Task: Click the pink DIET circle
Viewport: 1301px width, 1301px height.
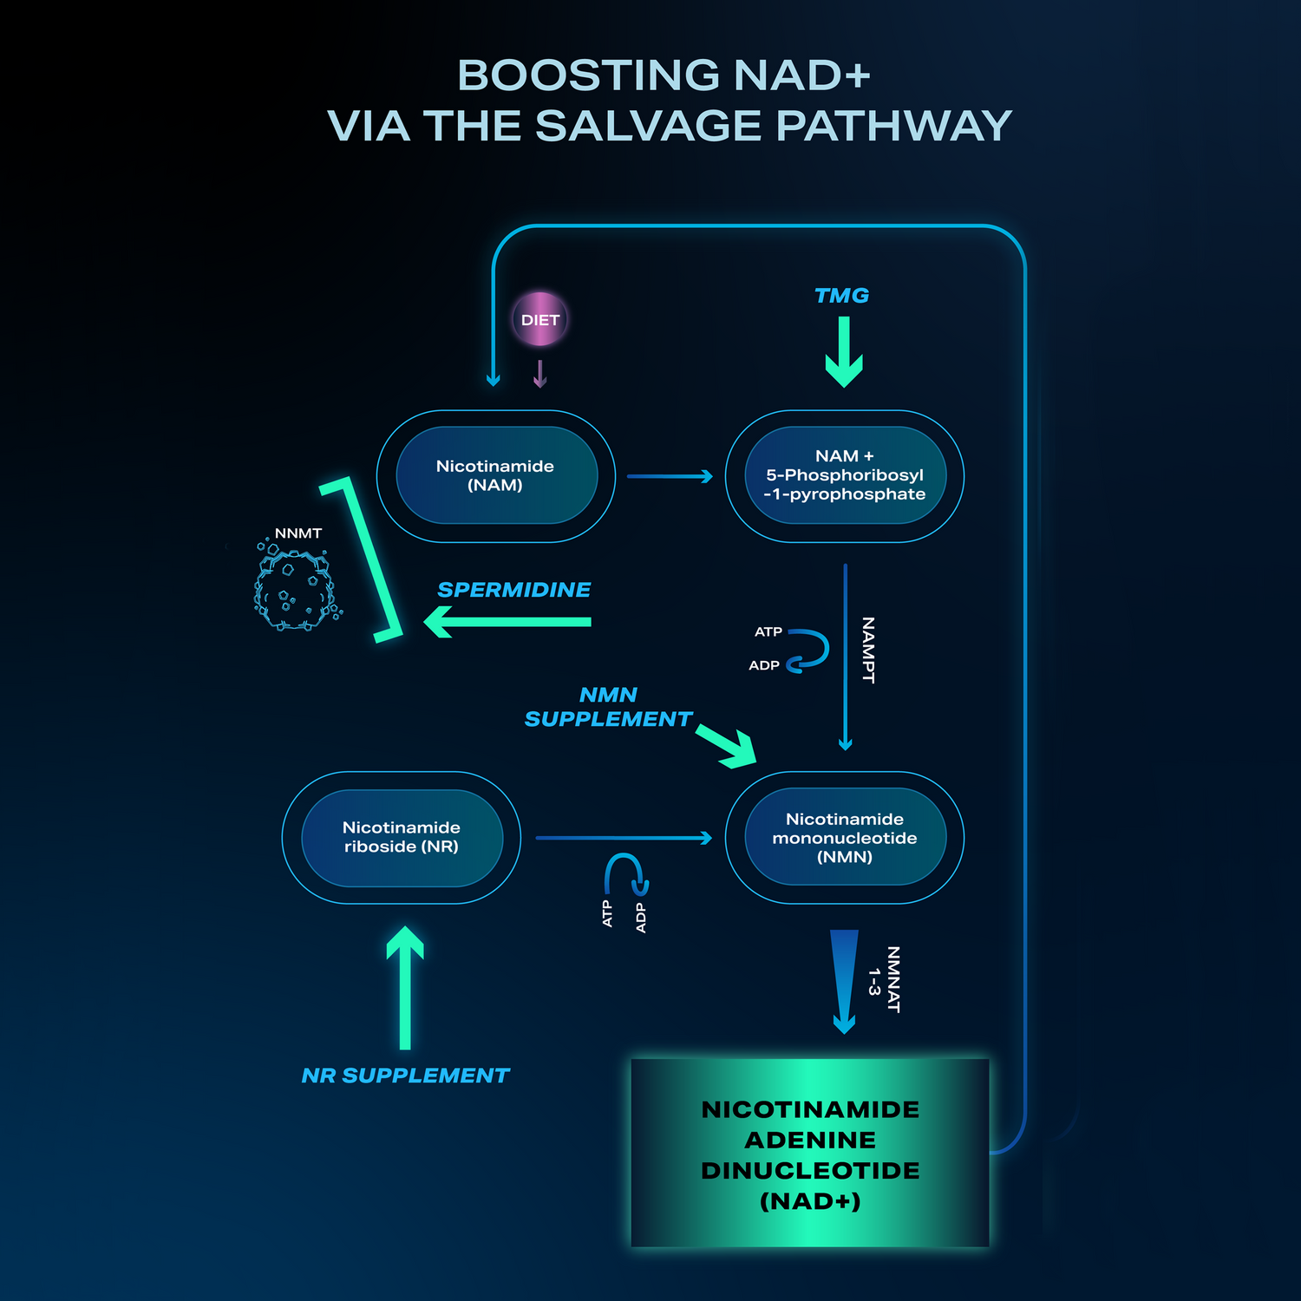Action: point(539,319)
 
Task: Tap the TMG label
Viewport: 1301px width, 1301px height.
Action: point(841,296)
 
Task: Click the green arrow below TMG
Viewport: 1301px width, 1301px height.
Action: point(843,351)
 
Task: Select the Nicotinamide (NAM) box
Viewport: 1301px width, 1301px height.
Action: point(495,475)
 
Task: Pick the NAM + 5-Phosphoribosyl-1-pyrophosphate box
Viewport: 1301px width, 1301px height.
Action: point(844,475)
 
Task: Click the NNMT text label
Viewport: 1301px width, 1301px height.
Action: point(297,533)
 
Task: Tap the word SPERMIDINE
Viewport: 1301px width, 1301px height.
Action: point(513,590)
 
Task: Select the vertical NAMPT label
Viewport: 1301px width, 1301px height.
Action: point(868,650)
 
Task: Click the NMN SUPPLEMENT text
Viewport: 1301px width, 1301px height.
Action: point(608,707)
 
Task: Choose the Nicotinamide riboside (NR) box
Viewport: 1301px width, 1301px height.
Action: point(402,837)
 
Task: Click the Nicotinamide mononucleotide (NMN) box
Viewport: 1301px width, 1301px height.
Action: point(844,837)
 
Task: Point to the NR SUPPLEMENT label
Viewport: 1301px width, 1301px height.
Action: point(405,1075)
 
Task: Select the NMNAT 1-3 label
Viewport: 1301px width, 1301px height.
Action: point(885,980)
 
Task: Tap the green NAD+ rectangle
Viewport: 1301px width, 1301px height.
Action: point(810,1154)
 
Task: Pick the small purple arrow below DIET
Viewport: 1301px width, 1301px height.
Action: point(539,374)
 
